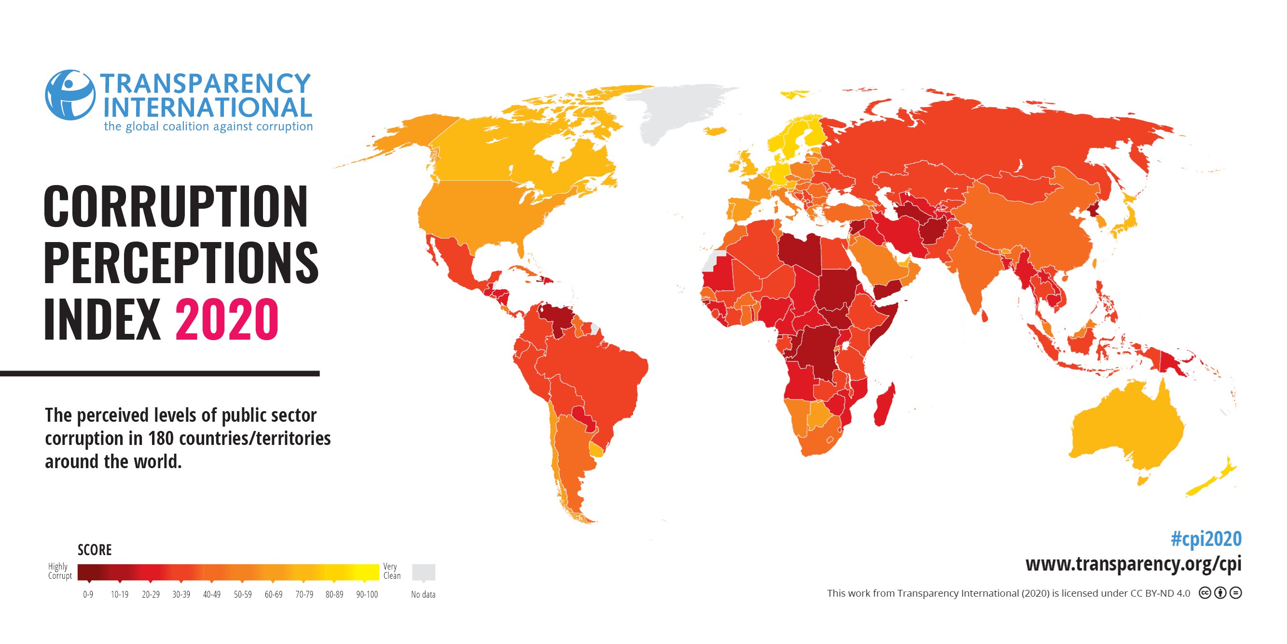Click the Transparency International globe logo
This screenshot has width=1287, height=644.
point(70,95)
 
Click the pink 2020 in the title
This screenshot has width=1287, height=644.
point(226,319)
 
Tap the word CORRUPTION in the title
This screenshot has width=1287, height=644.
point(175,206)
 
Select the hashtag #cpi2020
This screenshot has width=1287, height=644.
point(1205,539)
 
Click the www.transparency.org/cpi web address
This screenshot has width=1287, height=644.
point(1133,563)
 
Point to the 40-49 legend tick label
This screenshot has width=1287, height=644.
point(211,595)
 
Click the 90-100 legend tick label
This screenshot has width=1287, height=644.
point(367,595)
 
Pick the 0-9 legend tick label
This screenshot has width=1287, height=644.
point(88,595)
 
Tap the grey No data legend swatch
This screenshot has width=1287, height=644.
point(423,572)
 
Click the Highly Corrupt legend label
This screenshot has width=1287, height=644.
point(59,571)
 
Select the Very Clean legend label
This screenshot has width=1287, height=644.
point(392,571)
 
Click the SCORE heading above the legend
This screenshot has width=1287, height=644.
point(95,550)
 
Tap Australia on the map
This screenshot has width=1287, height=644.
point(1124,430)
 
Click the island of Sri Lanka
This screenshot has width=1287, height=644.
point(984,316)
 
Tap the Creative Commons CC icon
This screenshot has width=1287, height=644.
point(1204,593)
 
